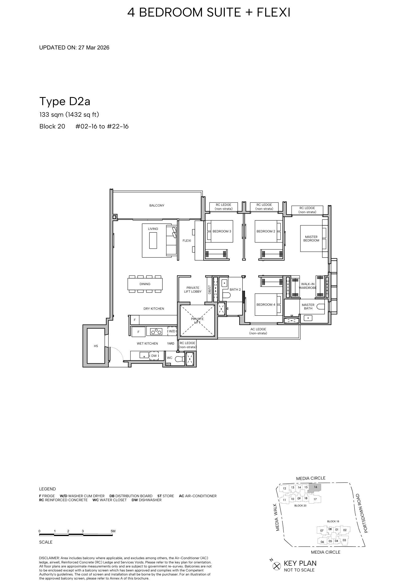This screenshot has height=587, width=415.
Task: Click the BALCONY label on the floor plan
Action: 157,206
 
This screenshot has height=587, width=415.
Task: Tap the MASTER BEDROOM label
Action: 311,238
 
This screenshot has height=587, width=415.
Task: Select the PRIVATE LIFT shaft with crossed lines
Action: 197,320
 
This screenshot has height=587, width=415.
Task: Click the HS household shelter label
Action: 96,346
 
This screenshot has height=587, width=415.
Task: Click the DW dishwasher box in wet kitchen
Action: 154,356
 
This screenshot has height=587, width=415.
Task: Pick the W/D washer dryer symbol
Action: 172,331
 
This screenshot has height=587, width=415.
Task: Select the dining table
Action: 145,284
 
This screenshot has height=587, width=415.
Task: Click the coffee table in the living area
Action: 153,240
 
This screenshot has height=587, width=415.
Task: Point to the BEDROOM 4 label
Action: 266,305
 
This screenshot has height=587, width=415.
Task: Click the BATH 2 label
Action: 235,290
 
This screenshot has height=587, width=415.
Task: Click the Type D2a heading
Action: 65,102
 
